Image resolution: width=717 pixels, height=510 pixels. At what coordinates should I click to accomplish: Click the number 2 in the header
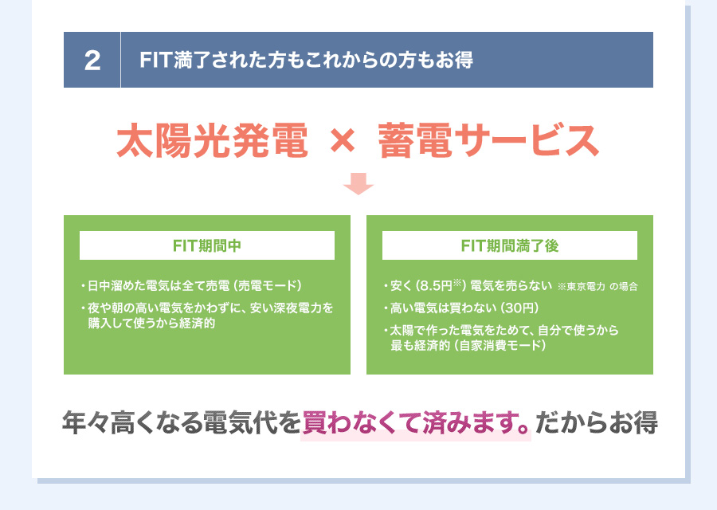[92, 61]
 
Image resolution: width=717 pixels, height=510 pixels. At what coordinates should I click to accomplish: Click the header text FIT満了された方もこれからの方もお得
[306, 61]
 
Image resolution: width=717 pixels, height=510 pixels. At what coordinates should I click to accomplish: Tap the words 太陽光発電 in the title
[212, 141]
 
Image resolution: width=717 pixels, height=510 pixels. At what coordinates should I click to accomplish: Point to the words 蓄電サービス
[488, 141]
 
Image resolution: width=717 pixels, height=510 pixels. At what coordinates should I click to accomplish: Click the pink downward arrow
[358, 184]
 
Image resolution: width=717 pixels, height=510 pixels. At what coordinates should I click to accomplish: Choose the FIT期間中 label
[207, 245]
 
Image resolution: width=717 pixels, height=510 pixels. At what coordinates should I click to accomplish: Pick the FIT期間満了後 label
[510, 245]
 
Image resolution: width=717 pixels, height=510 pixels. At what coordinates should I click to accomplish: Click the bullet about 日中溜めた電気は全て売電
[155, 286]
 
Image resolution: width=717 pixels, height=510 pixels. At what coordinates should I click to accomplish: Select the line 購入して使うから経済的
[151, 324]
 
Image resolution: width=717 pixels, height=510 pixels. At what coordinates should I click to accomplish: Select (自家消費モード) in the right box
[496, 346]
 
